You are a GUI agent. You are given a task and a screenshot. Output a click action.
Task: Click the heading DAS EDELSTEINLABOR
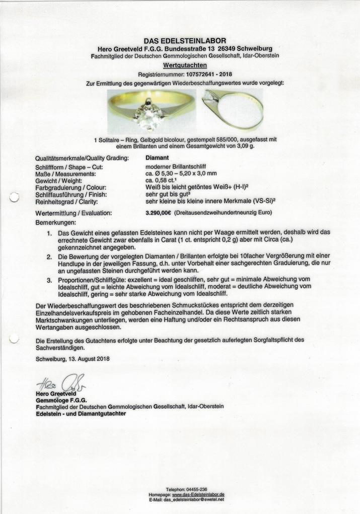click(x=185, y=41)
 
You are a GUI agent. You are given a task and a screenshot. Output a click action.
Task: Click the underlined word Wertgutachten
click(x=185, y=65)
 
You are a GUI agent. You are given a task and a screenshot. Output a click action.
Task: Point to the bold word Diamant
click(x=157, y=158)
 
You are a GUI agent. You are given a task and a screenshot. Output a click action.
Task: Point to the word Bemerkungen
click(x=56, y=222)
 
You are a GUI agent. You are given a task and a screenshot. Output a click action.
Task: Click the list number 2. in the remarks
click(x=49, y=257)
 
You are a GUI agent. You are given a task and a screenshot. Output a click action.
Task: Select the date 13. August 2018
click(x=87, y=359)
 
